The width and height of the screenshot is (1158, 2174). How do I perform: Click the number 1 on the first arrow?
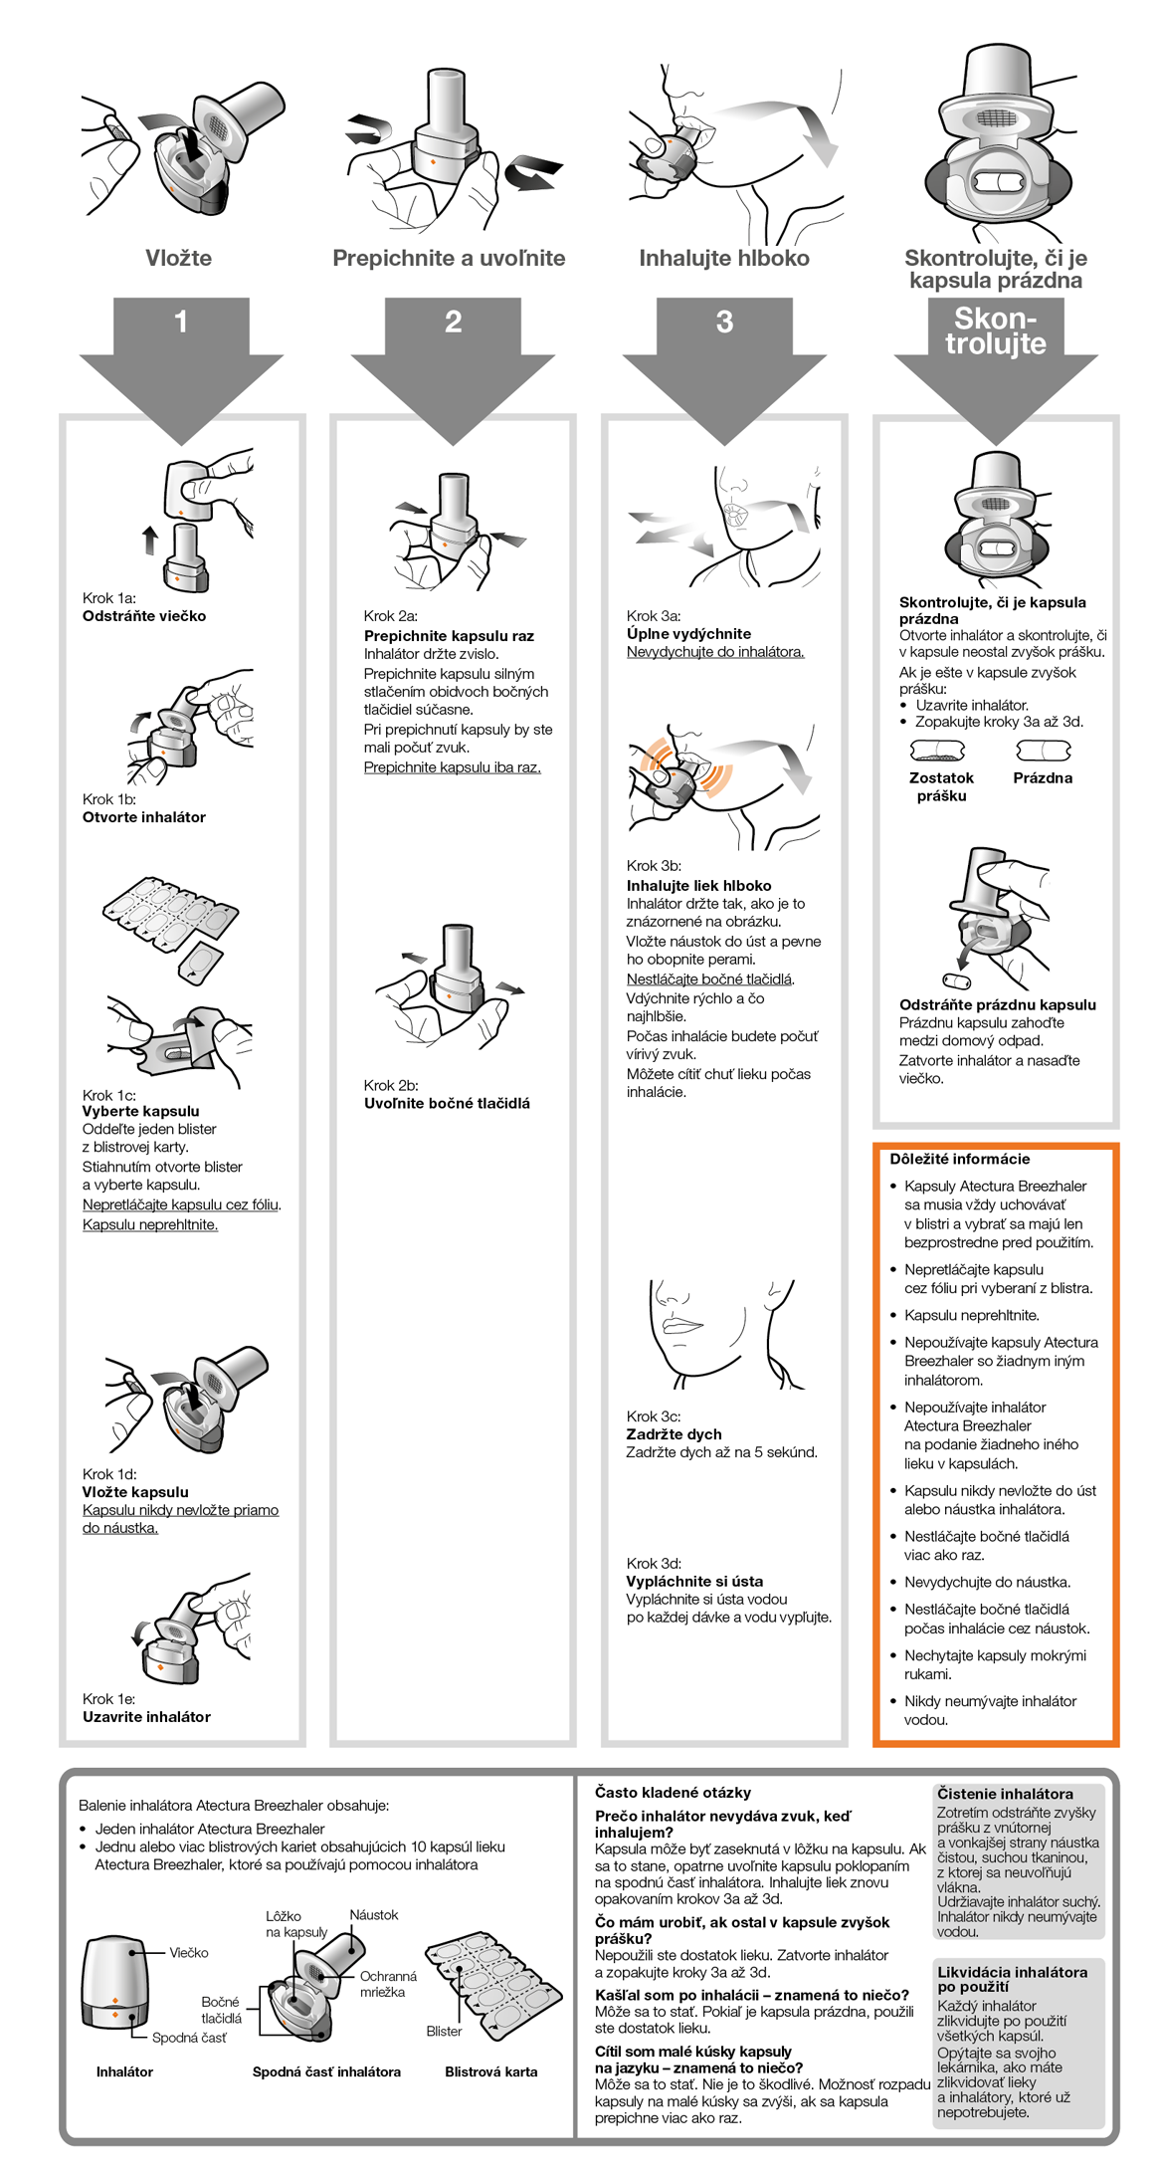coord(181,322)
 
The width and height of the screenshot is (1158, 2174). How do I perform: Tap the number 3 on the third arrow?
coord(724,322)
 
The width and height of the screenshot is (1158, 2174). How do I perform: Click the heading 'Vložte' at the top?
coord(179,258)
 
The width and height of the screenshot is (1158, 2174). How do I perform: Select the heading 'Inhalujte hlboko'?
coord(723,258)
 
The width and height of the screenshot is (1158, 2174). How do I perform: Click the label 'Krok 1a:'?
coord(109,598)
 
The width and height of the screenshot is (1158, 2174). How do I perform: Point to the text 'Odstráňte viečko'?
coord(144,616)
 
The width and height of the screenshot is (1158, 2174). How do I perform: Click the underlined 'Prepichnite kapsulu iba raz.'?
coord(452,767)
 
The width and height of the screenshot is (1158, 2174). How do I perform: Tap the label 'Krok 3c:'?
coord(654,1416)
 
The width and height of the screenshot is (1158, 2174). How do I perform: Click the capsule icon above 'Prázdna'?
coord(1043,750)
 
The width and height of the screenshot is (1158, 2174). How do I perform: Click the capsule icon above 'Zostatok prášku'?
coord(938,750)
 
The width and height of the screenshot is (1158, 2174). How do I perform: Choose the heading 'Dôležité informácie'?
coord(959,1159)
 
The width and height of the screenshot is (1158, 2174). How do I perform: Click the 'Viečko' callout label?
coord(189,1952)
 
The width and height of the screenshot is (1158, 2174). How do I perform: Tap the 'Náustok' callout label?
coord(374,1914)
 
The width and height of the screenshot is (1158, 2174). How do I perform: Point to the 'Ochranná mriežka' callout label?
coord(388,1984)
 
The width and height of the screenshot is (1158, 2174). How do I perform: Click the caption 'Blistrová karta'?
coord(490,2071)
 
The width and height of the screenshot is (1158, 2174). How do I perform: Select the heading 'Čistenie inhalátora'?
coord(1005,1793)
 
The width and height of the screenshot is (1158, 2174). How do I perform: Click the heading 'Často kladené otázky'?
coord(673,1792)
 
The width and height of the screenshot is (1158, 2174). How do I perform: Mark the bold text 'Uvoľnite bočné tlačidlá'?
coord(447,1103)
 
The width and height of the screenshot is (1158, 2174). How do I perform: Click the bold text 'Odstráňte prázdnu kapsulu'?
coord(997,1004)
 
